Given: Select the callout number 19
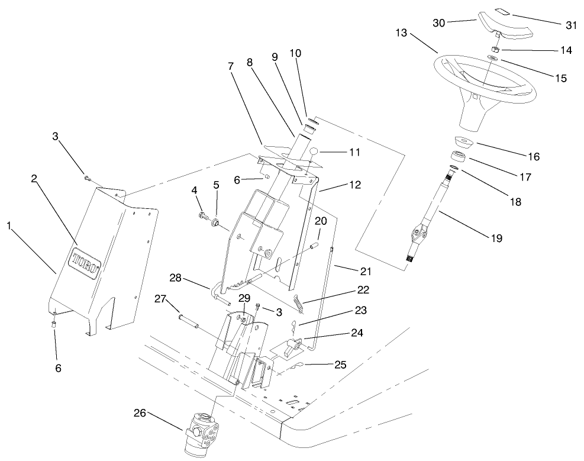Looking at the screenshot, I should pos(495,238).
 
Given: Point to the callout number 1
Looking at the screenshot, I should pos(9,225).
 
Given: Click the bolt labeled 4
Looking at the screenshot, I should pos(202,215).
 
